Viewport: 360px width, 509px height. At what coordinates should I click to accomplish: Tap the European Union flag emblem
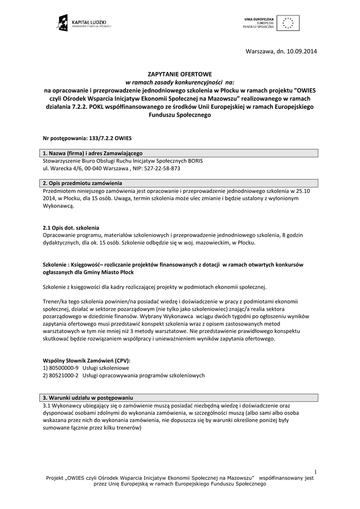click(287, 23)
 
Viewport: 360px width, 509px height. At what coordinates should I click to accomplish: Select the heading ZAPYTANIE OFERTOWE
click(180, 74)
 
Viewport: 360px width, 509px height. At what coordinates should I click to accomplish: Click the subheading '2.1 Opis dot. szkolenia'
click(71, 227)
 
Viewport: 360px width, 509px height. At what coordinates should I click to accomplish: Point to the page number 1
click(315, 471)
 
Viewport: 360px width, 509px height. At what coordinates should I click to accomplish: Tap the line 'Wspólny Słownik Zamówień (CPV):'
click(87, 360)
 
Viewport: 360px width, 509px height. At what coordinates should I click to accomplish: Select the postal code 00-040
click(98, 169)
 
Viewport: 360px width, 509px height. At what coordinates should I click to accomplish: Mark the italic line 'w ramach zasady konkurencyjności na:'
click(180, 82)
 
